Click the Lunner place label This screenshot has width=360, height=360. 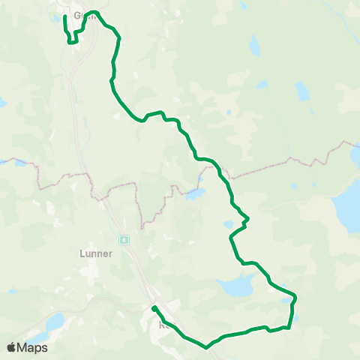point(95,253)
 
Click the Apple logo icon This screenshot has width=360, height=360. point(11,347)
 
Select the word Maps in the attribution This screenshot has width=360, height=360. point(32,347)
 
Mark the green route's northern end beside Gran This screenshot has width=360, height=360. point(65,16)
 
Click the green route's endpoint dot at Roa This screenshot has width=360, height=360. point(153,308)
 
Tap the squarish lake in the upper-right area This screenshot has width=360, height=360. point(302,91)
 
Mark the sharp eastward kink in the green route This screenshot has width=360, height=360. point(247,219)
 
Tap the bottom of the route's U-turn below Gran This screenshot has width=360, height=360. point(72,43)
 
